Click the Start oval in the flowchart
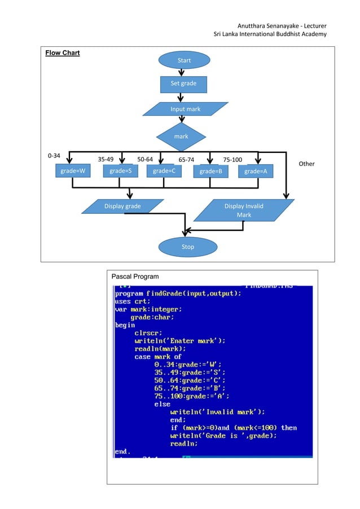click(184, 60)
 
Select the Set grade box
click(183, 84)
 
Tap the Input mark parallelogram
click(185, 109)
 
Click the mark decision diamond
click(181, 136)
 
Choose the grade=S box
click(120, 171)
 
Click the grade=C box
click(164, 171)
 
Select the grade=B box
click(210, 172)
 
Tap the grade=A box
click(256, 172)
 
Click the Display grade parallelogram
click(122, 207)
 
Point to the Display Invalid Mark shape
click(243, 210)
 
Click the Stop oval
click(187, 247)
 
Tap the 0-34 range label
click(54, 155)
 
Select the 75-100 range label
click(233, 159)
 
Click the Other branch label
click(306, 164)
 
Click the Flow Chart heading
click(63, 53)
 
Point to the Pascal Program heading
click(135, 277)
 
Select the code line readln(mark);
click(160, 349)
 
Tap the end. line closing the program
click(122, 451)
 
